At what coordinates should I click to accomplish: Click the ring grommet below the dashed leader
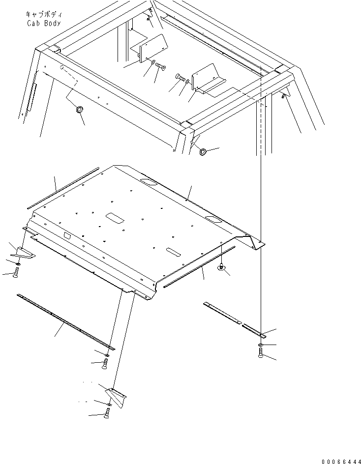click(x=79, y=109)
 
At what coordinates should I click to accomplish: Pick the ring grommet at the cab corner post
click(x=203, y=151)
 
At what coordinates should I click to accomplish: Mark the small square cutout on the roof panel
click(x=67, y=237)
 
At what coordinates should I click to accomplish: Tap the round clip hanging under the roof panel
click(x=221, y=267)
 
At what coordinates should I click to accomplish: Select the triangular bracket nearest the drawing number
click(x=116, y=394)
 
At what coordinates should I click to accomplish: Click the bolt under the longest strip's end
click(x=105, y=363)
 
